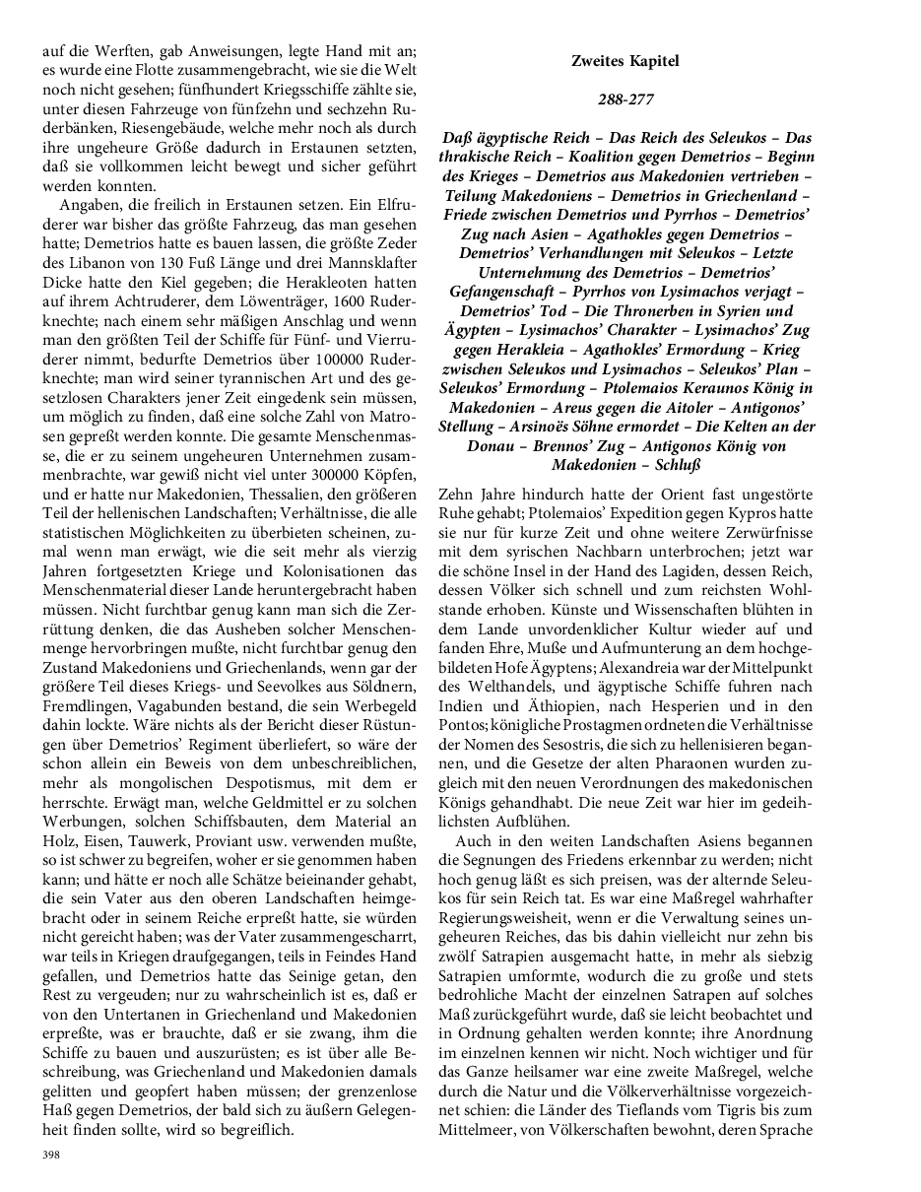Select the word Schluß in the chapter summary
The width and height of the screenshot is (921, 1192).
tap(666, 465)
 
